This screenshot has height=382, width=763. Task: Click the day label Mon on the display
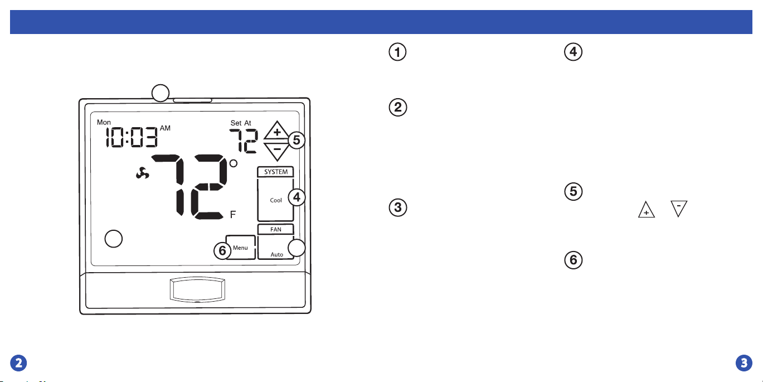[x=104, y=122]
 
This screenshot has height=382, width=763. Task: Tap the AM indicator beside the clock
[x=165, y=128]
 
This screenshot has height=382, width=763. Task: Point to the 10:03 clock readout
[x=132, y=137]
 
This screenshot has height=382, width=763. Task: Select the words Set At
[x=241, y=123]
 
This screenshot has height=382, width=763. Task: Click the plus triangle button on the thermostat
[x=277, y=131]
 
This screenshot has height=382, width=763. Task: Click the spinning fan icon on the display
[x=142, y=173]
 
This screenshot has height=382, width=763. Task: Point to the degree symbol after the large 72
[x=234, y=163]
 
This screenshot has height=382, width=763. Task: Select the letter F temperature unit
[x=233, y=214]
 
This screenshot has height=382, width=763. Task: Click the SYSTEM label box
[x=275, y=172]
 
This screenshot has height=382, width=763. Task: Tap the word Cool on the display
[x=276, y=200]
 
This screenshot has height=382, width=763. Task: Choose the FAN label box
[x=275, y=229]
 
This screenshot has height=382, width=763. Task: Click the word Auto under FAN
[x=277, y=254]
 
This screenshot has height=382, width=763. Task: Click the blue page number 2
[x=18, y=363]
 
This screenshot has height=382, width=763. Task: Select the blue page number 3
[x=744, y=363]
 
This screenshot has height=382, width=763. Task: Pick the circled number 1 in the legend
[x=397, y=52]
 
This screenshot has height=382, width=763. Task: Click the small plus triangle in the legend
[x=646, y=210]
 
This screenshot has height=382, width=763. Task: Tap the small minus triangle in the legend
[x=678, y=209]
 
